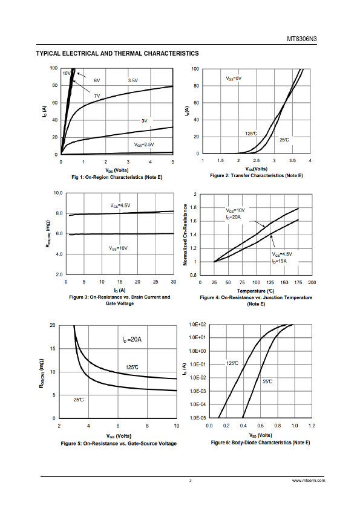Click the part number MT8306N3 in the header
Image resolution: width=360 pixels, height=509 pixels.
(x=301, y=39)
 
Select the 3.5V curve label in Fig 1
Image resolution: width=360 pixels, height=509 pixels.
(x=133, y=80)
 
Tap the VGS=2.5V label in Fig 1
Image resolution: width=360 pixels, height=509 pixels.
(x=144, y=144)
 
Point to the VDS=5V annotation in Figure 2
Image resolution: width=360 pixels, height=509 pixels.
(x=234, y=79)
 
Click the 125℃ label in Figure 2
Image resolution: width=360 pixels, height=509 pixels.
(x=251, y=134)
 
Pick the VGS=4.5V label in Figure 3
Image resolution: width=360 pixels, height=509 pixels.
(x=120, y=206)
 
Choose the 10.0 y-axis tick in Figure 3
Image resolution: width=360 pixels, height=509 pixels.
(x=58, y=193)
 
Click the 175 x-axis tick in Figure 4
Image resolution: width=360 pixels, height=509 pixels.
(x=298, y=282)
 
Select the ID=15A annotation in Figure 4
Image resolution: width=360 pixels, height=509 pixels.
(x=280, y=261)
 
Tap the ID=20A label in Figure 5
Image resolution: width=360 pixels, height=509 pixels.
(x=132, y=340)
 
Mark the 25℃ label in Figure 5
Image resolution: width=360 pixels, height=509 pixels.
(x=78, y=400)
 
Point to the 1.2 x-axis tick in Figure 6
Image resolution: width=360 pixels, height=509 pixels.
(x=312, y=426)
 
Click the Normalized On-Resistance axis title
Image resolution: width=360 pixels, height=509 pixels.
(x=185, y=235)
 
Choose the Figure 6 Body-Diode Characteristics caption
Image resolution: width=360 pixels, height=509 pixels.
(x=260, y=443)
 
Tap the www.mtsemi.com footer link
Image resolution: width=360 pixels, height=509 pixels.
(x=309, y=481)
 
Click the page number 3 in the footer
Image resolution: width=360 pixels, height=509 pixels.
(x=191, y=481)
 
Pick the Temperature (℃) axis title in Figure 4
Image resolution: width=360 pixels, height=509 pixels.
(x=256, y=291)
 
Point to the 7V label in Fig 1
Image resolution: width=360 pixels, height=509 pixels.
(x=97, y=96)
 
